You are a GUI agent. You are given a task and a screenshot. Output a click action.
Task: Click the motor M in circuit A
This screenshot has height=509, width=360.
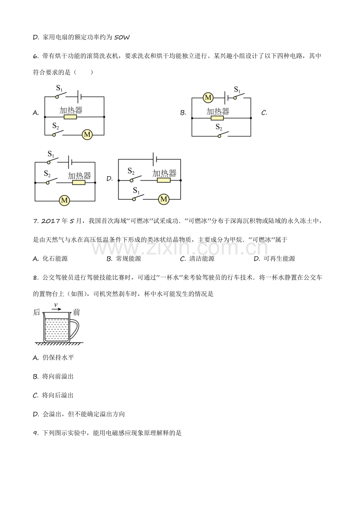87,135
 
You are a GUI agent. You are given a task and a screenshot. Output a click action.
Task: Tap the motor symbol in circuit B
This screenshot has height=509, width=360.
208,98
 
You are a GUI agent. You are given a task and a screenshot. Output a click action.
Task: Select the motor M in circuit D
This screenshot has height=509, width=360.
164,199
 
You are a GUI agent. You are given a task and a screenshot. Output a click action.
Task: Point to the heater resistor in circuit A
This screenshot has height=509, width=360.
70,117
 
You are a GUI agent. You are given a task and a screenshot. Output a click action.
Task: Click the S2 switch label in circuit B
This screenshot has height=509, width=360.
219,127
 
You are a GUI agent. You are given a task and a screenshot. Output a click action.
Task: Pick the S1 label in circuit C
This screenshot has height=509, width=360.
51,154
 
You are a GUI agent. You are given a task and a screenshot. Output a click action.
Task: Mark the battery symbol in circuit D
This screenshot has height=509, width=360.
155,159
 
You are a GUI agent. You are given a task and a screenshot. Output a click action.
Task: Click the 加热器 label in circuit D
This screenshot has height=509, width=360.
164,173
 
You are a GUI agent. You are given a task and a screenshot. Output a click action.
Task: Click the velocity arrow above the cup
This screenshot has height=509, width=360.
57,309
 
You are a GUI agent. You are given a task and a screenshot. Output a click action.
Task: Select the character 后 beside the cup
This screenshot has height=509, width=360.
37,312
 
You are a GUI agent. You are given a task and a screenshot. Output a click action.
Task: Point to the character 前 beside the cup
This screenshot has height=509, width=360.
77,312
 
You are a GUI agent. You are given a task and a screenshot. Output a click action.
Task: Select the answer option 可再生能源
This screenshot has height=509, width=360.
279,259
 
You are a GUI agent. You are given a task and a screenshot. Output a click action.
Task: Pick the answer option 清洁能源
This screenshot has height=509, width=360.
202,259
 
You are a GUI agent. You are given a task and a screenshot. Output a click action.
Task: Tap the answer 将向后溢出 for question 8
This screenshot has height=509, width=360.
58,395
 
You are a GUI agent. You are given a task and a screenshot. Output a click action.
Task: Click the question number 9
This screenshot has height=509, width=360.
35,433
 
